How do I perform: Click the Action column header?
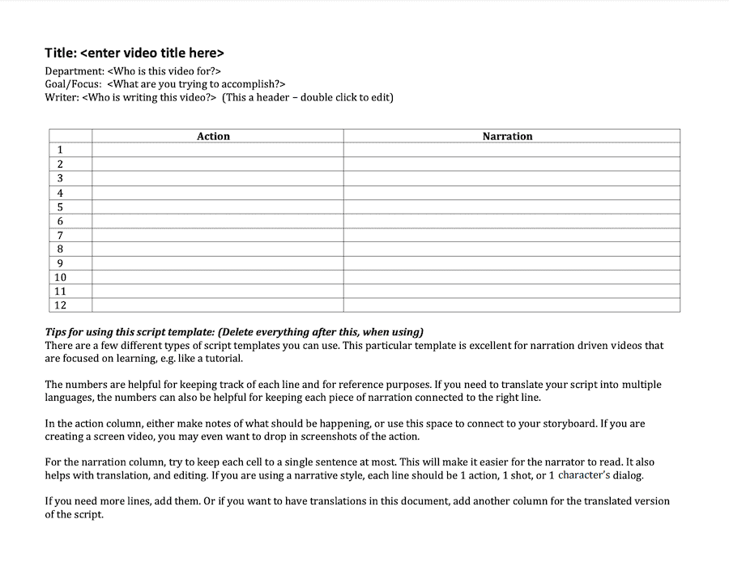pos(213,136)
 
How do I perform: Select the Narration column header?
pos(507,136)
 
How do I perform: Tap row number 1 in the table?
pos(60,150)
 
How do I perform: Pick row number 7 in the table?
pos(60,235)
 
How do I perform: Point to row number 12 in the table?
pos(60,305)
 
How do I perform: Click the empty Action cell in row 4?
pos(217,193)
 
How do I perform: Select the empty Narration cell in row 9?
pos(511,263)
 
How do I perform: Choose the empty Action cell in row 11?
pos(217,292)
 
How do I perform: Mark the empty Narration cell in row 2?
pos(511,164)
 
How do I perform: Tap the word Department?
pos(74,71)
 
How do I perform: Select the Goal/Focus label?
pos(73,84)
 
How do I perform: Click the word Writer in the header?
pos(62,97)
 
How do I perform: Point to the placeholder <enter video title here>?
pos(152,53)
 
